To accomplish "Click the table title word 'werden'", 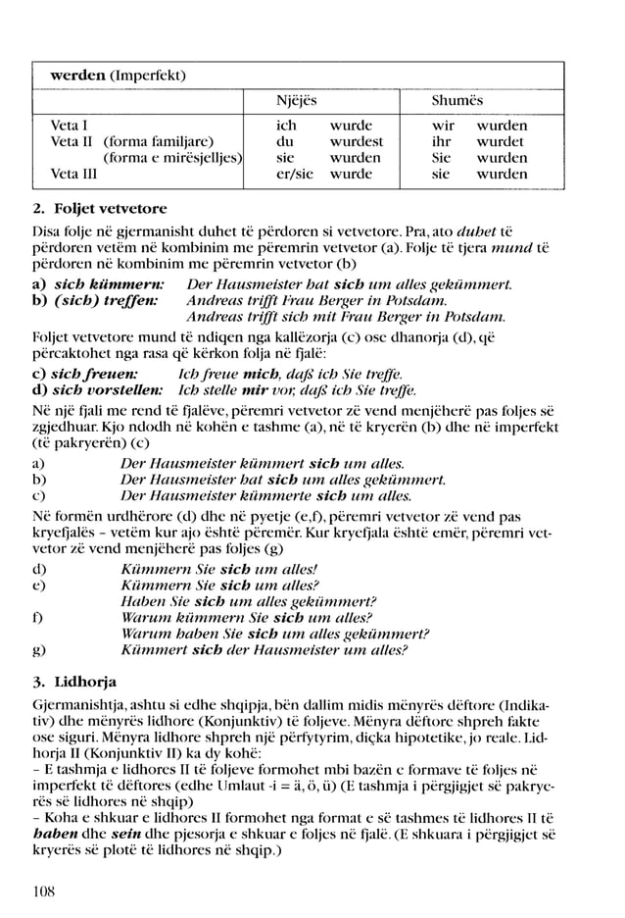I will click(x=77, y=76).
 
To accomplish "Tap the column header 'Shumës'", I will click(x=457, y=101).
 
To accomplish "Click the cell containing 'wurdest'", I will click(x=356, y=142).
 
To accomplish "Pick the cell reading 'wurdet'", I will click(x=501, y=142).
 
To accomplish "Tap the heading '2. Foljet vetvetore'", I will click(x=99, y=209).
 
